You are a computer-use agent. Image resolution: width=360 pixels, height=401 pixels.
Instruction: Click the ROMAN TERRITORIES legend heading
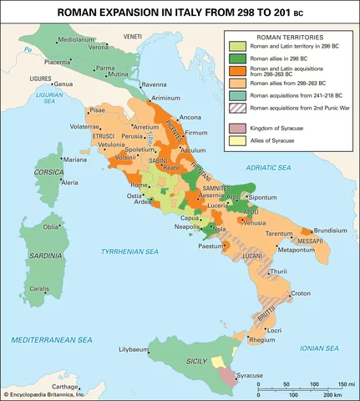(x=286, y=38)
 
